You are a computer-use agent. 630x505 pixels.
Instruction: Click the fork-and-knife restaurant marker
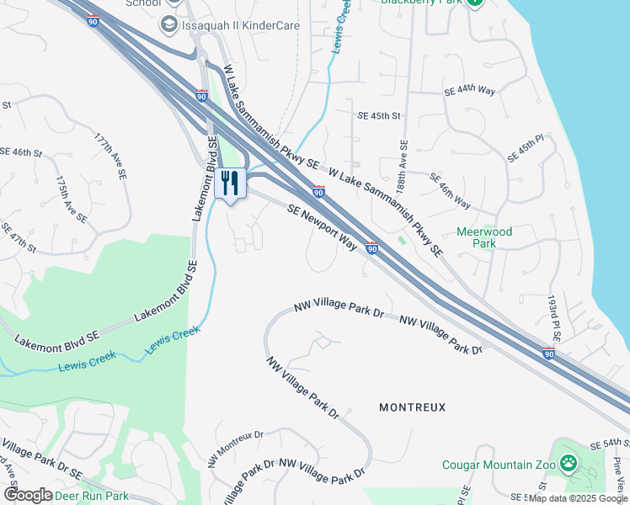pyautogui.click(x=230, y=183)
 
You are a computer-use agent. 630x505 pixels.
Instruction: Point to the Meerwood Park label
pyautogui.click(x=484, y=237)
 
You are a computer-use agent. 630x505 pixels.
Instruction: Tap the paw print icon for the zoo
pyautogui.click(x=570, y=462)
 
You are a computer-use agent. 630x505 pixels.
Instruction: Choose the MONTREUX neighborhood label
pyautogui.click(x=412, y=407)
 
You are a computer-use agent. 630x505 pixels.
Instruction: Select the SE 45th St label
pyautogui.click(x=380, y=116)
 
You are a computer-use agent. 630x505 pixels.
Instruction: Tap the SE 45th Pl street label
pyautogui.click(x=526, y=147)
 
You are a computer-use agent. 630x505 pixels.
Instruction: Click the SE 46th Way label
pyautogui.click(x=450, y=191)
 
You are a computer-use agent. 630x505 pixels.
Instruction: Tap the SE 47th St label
pyautogui.click(x=19, y=238)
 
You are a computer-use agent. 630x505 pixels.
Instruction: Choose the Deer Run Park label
pyautogui.click(x=92, y=496)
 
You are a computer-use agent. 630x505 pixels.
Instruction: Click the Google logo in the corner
pyautogui.click(x=28, y=495)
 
